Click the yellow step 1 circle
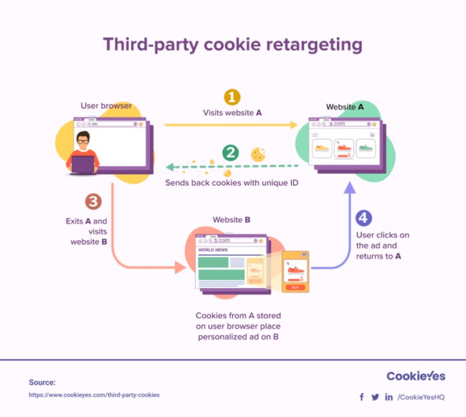[x=232, y=97]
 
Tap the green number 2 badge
[x=231, y=153]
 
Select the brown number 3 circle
[x=93, y=202]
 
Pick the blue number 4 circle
[x=363, y=218]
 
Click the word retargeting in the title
[x=314, y=45]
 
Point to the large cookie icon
[x=258, y=154]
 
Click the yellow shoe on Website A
[x=322, y=148]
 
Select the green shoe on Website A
[x=366, y=148]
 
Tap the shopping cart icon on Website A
[x=372, y=135]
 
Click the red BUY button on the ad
[x=295, y=287]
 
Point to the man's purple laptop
[x=83, y=165]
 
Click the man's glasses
[x=83, y=141]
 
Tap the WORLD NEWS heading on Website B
[x=213, y=250]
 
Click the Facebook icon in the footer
[x=362, y=397]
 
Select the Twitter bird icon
[x=375, y=397]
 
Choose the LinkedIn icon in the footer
[x=389, y=397]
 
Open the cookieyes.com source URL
[x=94, y=395]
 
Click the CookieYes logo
[x=416, y=376]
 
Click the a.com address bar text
[x=337, y=123]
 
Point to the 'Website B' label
[x=231, y=220]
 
